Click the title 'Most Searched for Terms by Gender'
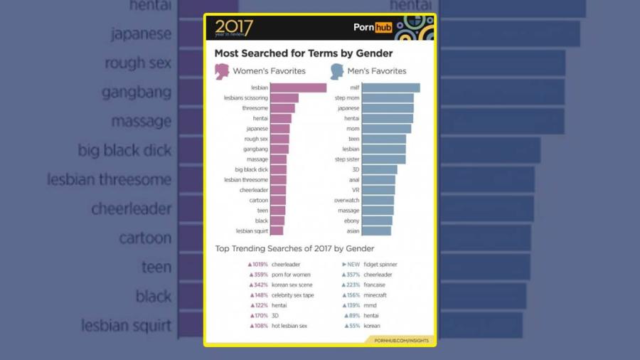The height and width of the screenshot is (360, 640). [x=304, y=53]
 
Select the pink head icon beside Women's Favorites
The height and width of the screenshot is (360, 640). [x=222, y=71]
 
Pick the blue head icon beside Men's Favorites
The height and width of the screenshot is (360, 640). [x=336, y=71]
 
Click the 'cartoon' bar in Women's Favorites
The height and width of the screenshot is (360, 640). [x=277, y=201]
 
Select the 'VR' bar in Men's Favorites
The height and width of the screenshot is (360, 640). [x=378, y=190]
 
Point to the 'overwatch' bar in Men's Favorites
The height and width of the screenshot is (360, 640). [x=378, y=201]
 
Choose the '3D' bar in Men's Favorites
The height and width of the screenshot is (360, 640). [x=380, y=170]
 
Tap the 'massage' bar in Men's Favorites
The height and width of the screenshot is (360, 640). [x=378, y=211]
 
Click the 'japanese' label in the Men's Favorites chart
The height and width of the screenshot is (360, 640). [x=348, y=108]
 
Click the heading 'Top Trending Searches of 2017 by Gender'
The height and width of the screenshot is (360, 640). [x=294, y=248]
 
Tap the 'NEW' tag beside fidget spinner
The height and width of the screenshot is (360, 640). [x=353, y=264]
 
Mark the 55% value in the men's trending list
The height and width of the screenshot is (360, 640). [x=353, y=325]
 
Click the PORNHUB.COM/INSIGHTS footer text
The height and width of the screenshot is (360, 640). [x=401, y=341]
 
